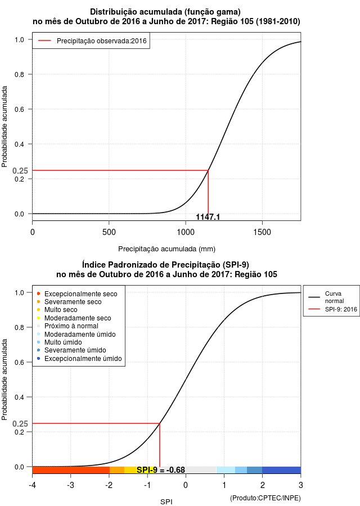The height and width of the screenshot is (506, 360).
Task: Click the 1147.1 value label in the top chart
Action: (208, 217)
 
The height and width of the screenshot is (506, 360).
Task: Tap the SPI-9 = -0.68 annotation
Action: (161, 470)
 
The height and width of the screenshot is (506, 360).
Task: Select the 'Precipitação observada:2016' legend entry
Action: (92, 41)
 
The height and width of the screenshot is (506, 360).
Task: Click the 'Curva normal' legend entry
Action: (326, 297)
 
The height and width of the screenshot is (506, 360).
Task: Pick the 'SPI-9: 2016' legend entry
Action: (332, 309)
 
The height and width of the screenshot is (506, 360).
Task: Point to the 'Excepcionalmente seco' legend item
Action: (77, 294)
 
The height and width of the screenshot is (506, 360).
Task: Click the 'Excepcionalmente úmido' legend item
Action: (79, 359)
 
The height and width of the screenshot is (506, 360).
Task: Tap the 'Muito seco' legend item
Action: (57, 310)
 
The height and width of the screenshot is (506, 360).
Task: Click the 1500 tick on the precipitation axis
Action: (262, 232)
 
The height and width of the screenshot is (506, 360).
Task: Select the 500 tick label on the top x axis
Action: (109, 232)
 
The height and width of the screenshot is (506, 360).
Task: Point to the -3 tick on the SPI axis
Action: (70, 485)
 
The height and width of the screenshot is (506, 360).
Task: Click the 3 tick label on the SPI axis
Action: (300, 485)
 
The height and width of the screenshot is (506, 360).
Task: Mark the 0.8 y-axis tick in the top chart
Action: (19, 75)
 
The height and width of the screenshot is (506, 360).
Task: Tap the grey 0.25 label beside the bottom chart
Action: (20, 424)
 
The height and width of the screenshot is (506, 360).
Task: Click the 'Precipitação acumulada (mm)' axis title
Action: (166, 249)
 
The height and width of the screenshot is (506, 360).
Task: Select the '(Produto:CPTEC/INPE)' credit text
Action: (265, 498)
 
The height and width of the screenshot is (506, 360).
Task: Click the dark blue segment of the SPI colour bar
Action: (281, 470)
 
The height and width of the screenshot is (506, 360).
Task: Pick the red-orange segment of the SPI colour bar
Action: (71, 470)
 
